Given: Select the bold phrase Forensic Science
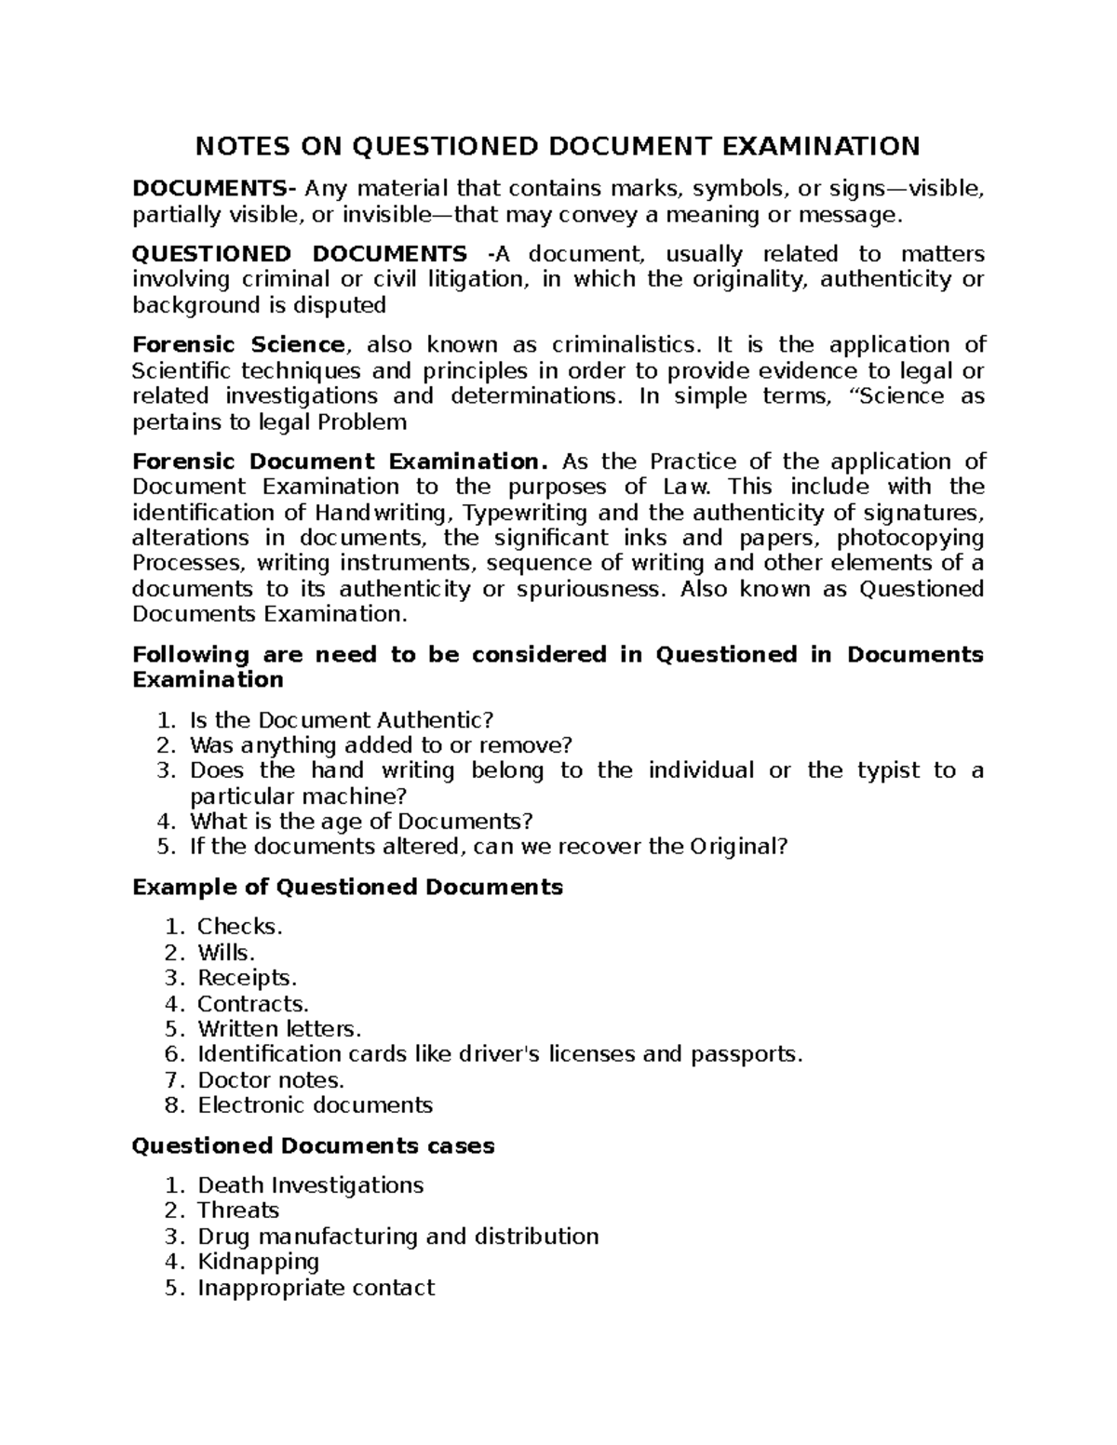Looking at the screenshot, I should (x=239, y=345).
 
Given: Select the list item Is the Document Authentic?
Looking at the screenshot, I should (x=341, y=720).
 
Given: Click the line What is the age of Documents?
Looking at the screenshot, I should (x=361, y=822).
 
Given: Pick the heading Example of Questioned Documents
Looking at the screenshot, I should (x=348, y=887).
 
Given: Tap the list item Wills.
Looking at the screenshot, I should (x=226, y=953).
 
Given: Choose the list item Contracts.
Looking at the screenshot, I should (x=252, y=1004).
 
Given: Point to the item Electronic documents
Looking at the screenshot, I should (x=315, y=1105).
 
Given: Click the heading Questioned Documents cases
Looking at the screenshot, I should (x=313, y=1146).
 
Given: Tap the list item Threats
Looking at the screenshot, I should (x=238, y=1211).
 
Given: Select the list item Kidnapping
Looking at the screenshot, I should (x=258, y=1262).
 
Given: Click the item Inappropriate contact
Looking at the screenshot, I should (x=316, y=1288).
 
